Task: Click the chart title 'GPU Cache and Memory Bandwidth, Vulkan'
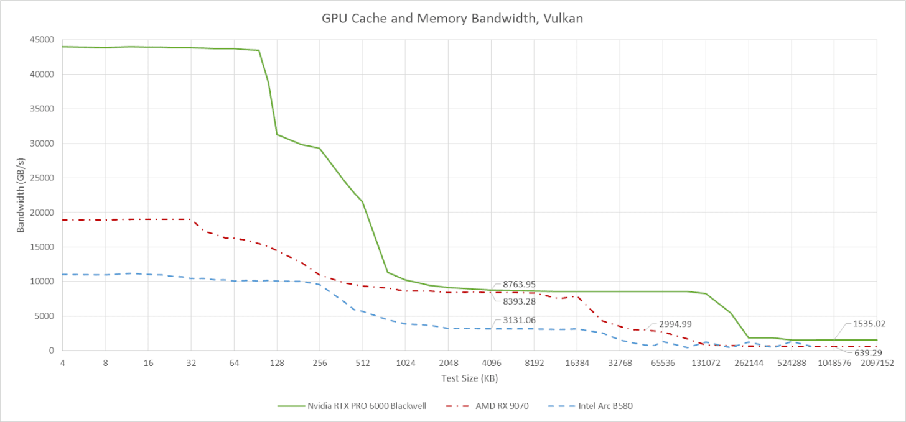click(452, 19)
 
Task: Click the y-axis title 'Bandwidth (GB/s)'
click(21, 195)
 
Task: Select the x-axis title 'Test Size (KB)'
click(469, 378)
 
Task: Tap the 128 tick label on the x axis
click(276, 363)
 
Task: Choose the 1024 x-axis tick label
click(405, 363)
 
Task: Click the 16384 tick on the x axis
click(577, 363)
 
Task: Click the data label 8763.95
click(519, 285)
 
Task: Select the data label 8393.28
click(519, 301)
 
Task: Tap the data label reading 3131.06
click(519, 321)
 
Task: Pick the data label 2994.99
click(671, 324)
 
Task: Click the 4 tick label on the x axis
click(62, 363)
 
